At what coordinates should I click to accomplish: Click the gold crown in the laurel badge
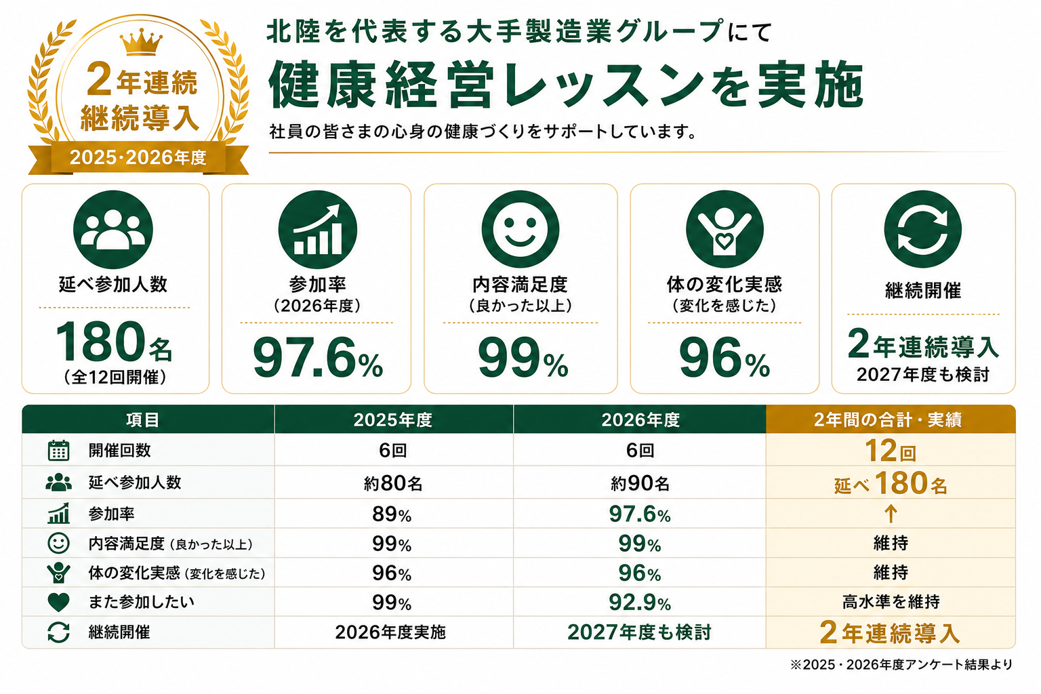[x=141, y=42]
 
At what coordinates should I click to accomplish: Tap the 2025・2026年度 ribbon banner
[x=138, y=158]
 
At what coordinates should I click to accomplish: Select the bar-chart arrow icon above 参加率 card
[x=317, y=230]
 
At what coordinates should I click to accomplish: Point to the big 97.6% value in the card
[x=318, y=358]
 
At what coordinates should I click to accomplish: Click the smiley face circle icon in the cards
[x=520, y=229]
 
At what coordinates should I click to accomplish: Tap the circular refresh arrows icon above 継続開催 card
[x=922, y=229]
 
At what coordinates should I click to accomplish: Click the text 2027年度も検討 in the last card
[x=923, y=375]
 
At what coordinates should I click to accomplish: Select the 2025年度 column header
[x=393, y=420]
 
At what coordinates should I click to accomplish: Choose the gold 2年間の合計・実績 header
[x=891, y=420]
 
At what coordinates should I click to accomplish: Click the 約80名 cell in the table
[x=393, y=483]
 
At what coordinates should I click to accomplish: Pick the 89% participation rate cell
[x=392, y=514]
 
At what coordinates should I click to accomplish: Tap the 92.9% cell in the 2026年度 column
[x=640, y=603]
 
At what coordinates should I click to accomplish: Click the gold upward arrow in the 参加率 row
[x=891, y=514]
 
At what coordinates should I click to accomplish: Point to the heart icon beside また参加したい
[x=58, y=603]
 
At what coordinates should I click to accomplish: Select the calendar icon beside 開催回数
[x=58, y=450]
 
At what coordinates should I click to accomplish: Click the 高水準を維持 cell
[x=891, y=603]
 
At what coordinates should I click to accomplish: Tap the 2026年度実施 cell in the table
[x=390, y=632]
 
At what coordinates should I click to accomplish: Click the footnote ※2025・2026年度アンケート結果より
[x=901, y=665]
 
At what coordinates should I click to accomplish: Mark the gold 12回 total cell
[x=890, y=451]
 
